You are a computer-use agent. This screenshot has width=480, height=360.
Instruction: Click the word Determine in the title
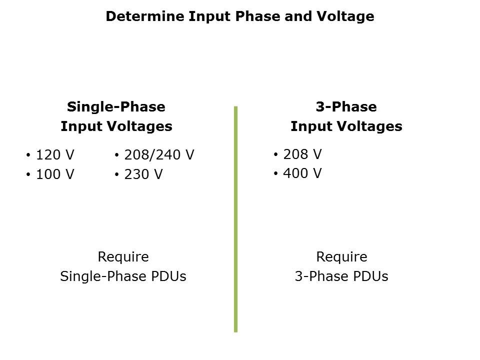click(x=144, y=16)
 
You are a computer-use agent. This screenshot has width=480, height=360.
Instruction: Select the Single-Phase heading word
click(x=116, y=107)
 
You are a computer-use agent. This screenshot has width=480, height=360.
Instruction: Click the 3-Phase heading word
click(x=346, y=107)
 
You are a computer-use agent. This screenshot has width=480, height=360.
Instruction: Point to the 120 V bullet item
click(x=55, y=155)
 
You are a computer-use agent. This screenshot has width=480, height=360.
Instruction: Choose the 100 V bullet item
click(x=55, y=174)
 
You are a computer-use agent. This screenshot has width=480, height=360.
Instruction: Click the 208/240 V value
click(x=159, y=155)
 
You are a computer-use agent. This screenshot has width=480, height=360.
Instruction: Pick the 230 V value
click(x=143, y=174)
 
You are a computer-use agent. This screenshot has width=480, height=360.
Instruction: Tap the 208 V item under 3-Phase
click(x=302, y=154)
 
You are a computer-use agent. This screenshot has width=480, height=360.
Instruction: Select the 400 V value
click(x=302, y=173)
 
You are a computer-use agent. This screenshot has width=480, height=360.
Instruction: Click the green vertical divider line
click(x=235, y=219)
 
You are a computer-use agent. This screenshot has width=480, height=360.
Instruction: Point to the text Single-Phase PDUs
click(x=123, y=276)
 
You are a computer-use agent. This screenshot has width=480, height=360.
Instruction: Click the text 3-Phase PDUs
click(x=341, y=276)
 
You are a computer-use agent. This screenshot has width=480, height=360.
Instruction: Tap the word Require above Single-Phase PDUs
click(x=123, y=257)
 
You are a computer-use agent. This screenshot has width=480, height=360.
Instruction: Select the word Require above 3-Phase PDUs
click(x=341, y=257)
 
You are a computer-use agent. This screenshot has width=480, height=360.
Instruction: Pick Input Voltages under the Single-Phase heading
click(x=116, y=126)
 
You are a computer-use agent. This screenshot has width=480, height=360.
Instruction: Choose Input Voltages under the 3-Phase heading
click(x=346, y=126)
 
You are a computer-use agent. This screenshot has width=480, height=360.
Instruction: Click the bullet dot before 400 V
click(x=276, y=173)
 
